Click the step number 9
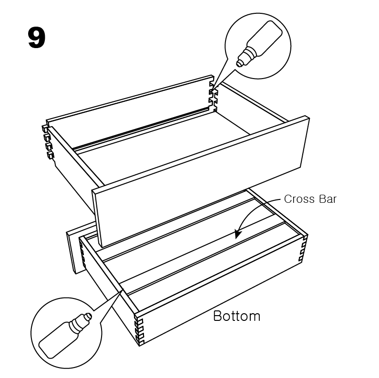point(37,38)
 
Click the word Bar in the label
point(328,199)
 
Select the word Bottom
point(236,316)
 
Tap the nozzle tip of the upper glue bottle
point(239,64)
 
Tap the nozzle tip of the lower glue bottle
point(89,316)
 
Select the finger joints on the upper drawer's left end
point(48,142)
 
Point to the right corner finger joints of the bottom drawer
point(304,249)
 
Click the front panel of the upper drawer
point(201,182)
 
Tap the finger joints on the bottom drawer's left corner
point(82,256)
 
